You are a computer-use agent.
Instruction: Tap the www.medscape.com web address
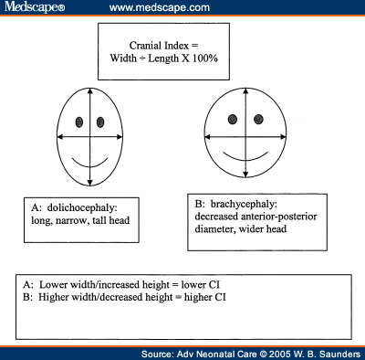pos(151,8)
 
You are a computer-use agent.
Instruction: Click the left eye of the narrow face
pos(79,122)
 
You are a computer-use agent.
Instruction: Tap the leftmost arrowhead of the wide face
pos(203,137)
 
